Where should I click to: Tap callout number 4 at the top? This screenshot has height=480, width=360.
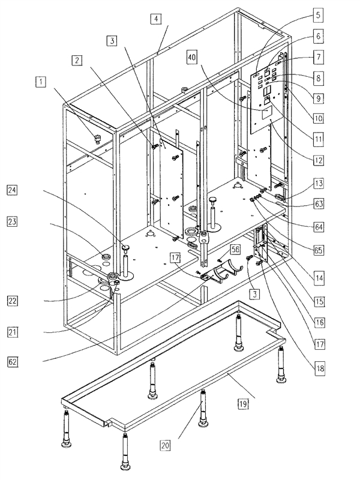pos(155,19)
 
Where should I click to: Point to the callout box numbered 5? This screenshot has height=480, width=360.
pos(318,13)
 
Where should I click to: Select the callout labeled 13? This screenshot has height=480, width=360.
pos(318,182)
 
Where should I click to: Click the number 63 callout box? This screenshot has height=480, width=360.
pos(318,205)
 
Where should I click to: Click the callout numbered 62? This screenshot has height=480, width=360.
pos(12,362)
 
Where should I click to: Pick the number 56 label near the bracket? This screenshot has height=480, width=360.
pos(218,248)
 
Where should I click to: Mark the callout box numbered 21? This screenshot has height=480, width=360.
pos(12,331)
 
